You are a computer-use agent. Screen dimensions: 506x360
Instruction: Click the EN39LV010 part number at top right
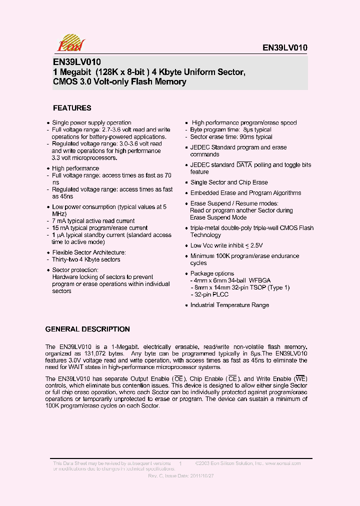click(x=285, y=48)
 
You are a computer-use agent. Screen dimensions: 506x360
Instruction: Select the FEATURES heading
click(x=72, y=108)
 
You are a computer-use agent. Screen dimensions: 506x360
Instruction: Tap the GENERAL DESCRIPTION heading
click(x=87, y=329)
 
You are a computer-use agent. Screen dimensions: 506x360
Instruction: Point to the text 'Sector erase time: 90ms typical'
click(x=231, y=136)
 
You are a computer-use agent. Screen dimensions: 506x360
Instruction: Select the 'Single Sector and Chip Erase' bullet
click(x=229, y=182)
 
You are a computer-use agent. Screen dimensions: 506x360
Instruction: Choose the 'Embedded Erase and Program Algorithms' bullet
click(x=245, y=193)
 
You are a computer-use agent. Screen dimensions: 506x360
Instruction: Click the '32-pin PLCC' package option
click(x=209, y=294)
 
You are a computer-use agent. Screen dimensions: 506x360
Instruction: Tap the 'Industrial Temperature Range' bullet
click(x=229, y=305)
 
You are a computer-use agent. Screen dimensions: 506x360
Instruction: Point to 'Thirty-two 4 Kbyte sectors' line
click(x=86, y=259)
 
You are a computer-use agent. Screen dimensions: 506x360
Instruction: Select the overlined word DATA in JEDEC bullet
click(x=244, y=165)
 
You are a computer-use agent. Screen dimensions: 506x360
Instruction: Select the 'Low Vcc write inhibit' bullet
click(x=226, y=245)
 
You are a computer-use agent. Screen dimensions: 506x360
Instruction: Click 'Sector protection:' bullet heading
click(x=75, y=270)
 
